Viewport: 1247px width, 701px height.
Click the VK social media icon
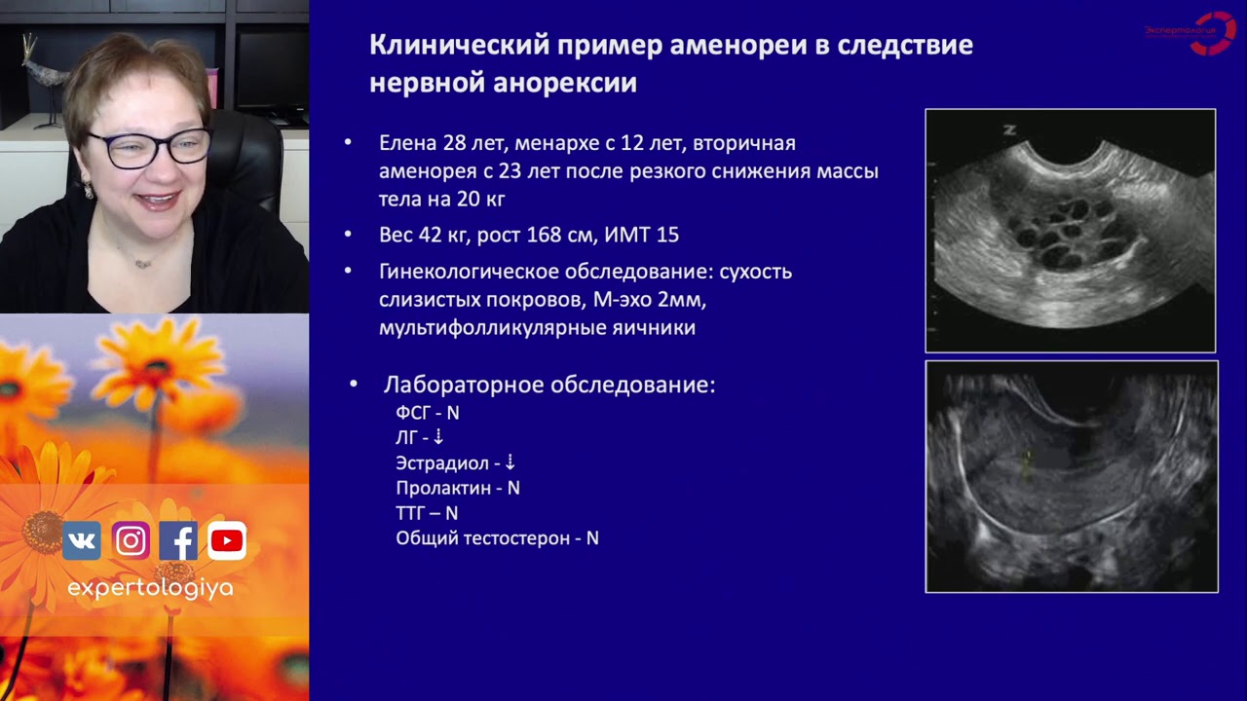coord(82,540)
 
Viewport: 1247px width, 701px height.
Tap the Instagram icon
coord(131,540)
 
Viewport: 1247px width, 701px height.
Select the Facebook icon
coord(178,540)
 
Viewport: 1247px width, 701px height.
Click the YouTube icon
coord(226,540)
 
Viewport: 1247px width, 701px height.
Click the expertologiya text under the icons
coord(150,588)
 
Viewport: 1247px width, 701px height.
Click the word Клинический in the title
coord(451,46)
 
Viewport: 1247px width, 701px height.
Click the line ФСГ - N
coord(427,413)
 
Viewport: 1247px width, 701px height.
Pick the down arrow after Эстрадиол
coord(510,462)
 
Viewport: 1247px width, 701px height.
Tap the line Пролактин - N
coord(457,488)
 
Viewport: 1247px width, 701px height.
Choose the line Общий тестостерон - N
coord(497,538)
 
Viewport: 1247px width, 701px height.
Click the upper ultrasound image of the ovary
coord(1070,230)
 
